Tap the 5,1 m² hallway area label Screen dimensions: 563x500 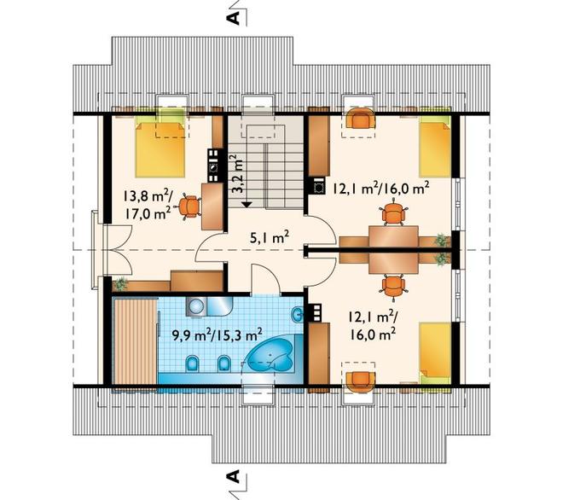(x=270, y=237)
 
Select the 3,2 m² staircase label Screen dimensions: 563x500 (x=236, y=174)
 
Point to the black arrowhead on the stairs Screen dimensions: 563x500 (x=247, y=204)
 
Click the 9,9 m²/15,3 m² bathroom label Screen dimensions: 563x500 (x=217, y=336)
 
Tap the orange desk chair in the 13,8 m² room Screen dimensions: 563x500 (x=189, y=206)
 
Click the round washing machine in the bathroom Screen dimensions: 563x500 (x=196, y=307)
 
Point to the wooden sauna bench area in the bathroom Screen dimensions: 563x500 (x=135, y=341)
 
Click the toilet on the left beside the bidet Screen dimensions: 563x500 (x=192, y=363)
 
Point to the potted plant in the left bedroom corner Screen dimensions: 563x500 (x=120, y=284)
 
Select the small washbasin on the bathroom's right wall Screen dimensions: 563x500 (x=298, y=316)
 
